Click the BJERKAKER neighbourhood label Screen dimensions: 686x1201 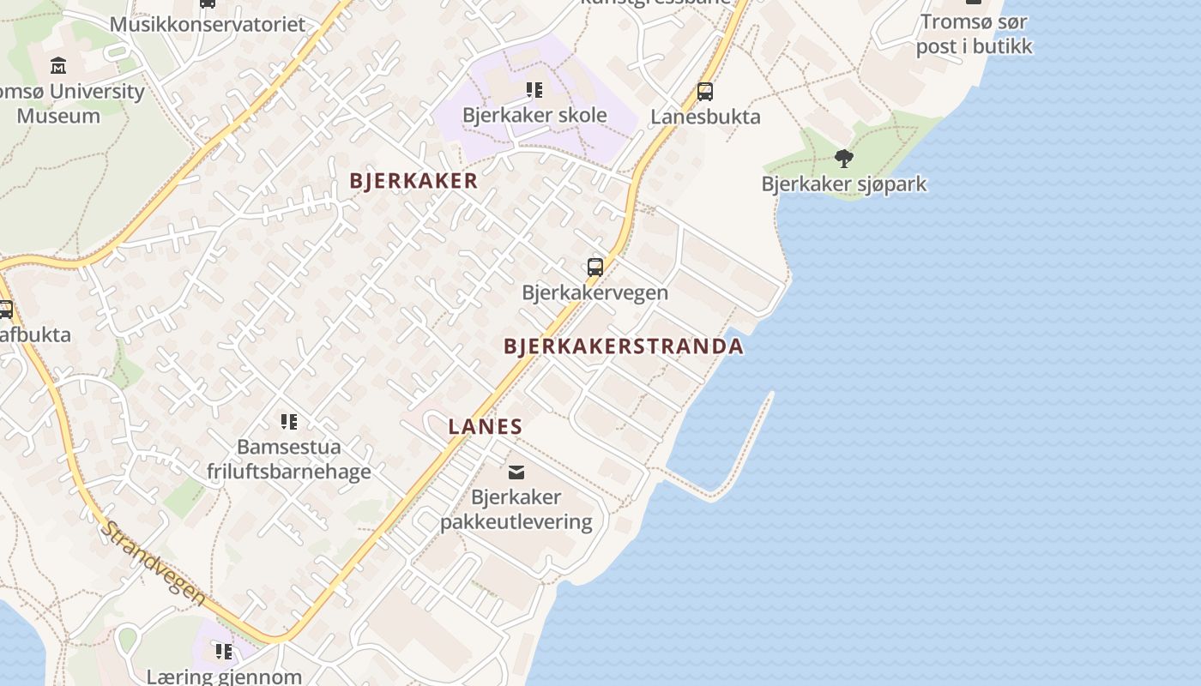click(x=413, y=181)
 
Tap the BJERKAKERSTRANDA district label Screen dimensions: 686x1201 click(x=623, y=346)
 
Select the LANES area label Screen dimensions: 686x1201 click(x=485, y=426)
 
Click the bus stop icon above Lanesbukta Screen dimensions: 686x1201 click(x=705, y=91)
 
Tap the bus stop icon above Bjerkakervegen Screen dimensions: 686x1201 click(x=595, y=267)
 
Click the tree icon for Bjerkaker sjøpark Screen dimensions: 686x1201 click(x=844, y=158)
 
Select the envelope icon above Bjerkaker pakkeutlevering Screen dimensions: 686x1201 click(x=516, y=472)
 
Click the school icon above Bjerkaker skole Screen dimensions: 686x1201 click(x=534, y=89)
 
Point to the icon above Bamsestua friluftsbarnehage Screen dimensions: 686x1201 click(x=289, y=421)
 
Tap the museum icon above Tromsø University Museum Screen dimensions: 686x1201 click(x=58, y=65)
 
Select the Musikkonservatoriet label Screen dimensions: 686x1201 click(x=207, y=24)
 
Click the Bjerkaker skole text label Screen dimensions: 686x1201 click(x=534, y=115)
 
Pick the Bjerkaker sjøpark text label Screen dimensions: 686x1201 click(x=844, y=184)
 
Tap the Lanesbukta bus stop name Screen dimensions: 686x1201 click(x=705, y=117)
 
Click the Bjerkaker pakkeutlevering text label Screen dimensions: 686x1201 click(x=516, y=509)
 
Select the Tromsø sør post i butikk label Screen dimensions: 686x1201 click(x=974, y=33)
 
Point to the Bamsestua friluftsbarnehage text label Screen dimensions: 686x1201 click(x=289, y=459)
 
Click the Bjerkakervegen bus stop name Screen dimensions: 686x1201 click(x=595, y=292)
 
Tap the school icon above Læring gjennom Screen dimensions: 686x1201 click(x=224, y=652)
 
